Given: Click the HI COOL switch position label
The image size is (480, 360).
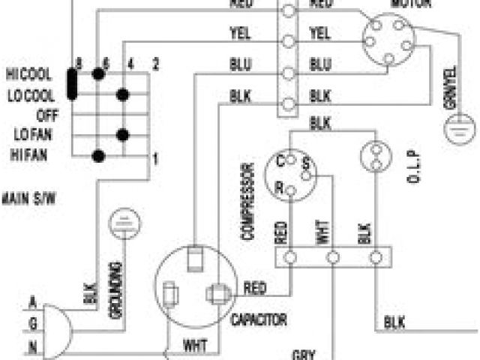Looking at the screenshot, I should pos(28,74).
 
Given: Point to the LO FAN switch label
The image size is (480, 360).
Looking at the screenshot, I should pos(31,135).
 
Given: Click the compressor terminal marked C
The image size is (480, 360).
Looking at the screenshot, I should pos(280,160).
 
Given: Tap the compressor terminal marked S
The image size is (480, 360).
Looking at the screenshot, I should pos(305,163).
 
